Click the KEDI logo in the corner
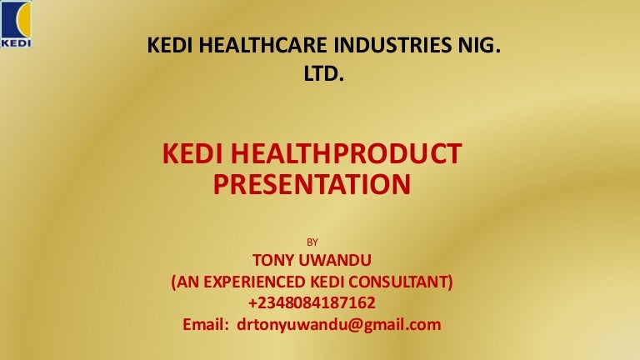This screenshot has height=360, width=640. (x=16, y=24)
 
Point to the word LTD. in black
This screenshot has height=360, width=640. (x=323, y=73)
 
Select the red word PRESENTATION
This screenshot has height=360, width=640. (x=312, y=184)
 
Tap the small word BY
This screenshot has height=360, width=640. (x=312, y=242)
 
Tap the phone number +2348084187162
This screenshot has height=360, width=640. (x=312, y=302)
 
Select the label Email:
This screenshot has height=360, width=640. (x=206, y=324)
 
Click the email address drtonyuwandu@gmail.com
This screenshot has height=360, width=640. (x=339, y=325)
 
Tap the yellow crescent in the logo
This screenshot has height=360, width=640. (x=23, y=19)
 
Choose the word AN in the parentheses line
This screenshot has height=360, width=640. (x=187, y=282)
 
